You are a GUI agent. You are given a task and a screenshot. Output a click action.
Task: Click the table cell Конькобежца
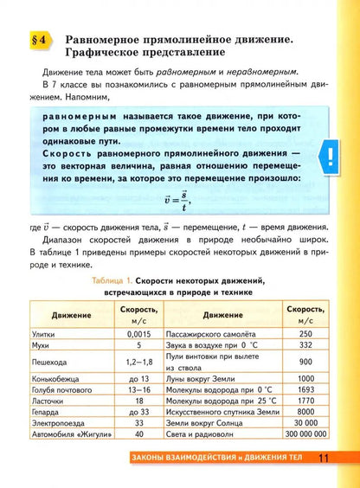57,382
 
